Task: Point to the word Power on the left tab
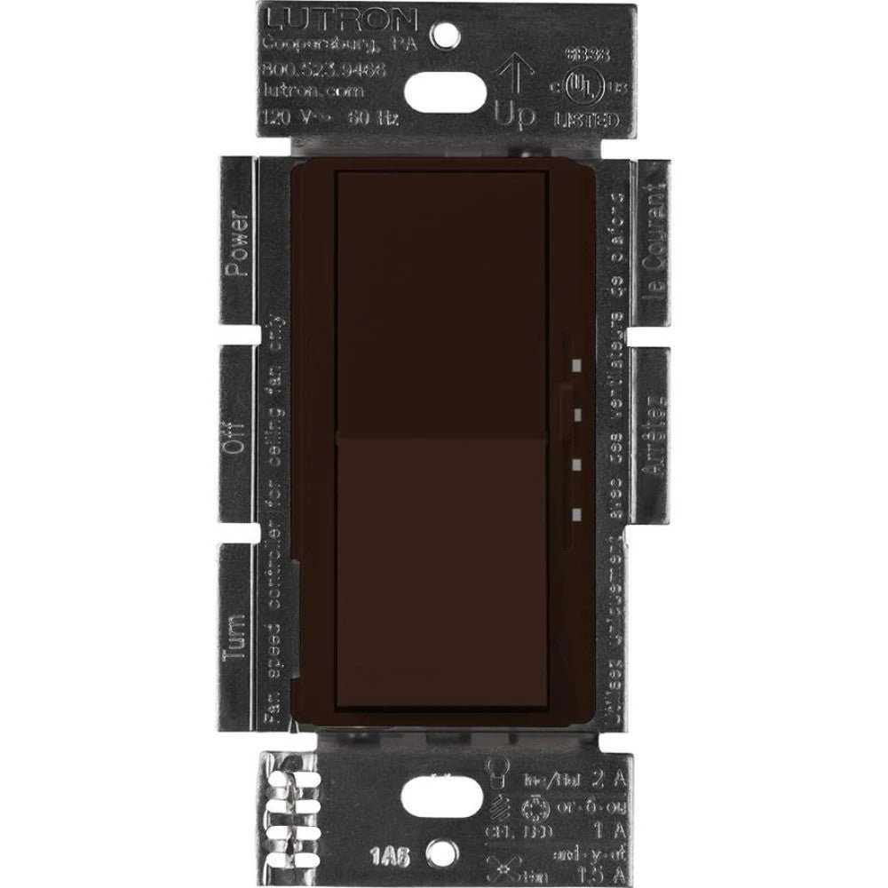click(x=234, y=243)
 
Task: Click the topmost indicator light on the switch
click(x=577, y=364)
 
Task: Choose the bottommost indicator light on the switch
click(x=577, y=513)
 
